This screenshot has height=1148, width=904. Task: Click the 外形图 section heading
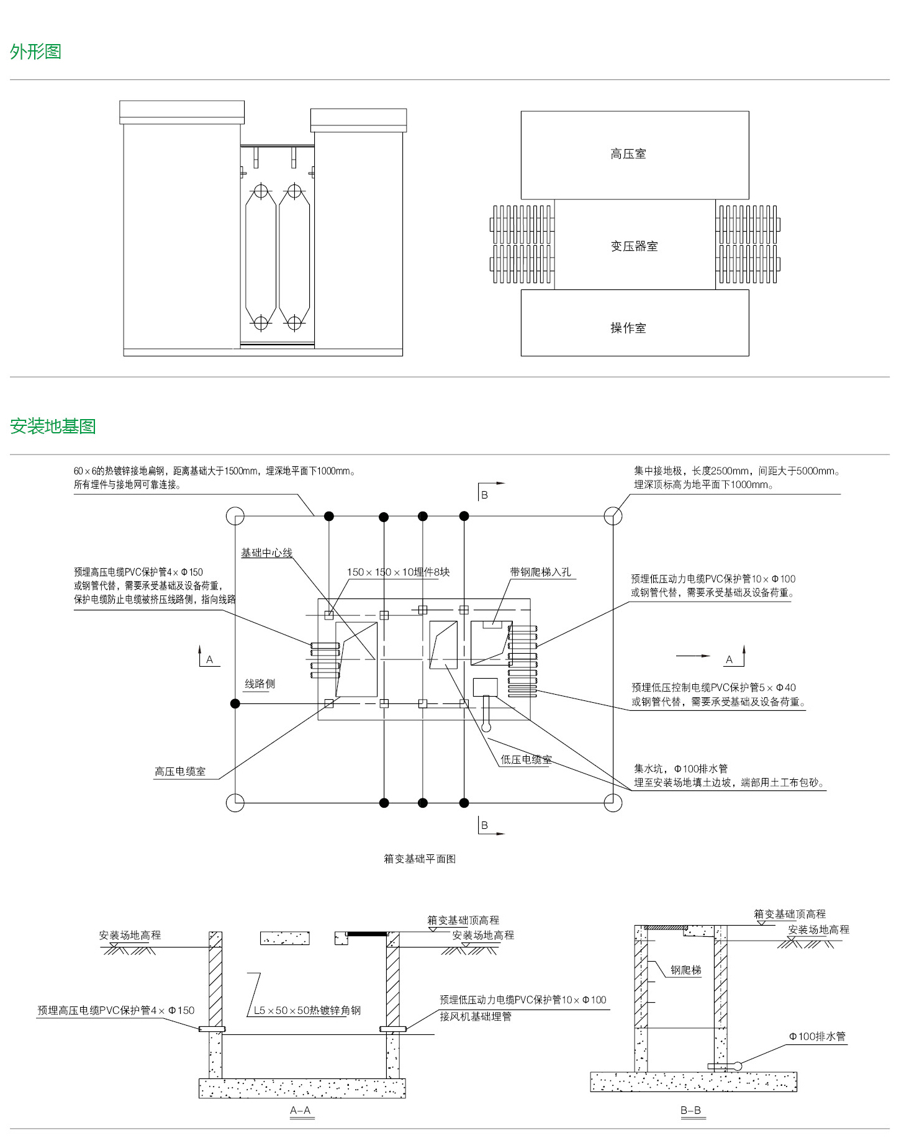tap(35, 52)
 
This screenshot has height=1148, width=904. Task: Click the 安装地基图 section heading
tap(53, 427)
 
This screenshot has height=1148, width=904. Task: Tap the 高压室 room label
tap(628, 154)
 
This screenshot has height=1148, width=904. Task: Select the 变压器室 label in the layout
tap(634, 246)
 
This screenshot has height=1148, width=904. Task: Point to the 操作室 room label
tap(628, 328)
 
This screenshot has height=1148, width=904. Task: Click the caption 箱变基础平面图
tap(420, 859)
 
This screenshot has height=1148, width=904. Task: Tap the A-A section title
tap(301, 1110)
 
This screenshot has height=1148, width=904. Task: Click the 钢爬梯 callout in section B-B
tap(686, 970)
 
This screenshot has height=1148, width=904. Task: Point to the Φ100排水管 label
tap(817, 1036)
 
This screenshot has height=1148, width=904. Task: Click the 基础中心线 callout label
tap(266, 553)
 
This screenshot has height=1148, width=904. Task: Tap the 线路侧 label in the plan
tap(260, 684)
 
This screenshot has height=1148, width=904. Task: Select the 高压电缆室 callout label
tap(180, 771)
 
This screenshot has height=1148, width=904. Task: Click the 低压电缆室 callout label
tap(526, 759)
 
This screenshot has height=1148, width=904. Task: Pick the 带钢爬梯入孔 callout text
tap(540, 572)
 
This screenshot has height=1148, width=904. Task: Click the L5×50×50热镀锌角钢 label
tap(307, 1010)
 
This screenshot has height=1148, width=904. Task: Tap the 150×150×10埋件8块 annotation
tap(398, 572)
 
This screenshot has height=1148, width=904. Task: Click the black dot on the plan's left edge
tap(235, 703)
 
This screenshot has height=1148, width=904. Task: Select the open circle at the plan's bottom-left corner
tap(235, 803)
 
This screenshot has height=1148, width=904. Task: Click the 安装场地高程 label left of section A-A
tap(130, 935)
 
